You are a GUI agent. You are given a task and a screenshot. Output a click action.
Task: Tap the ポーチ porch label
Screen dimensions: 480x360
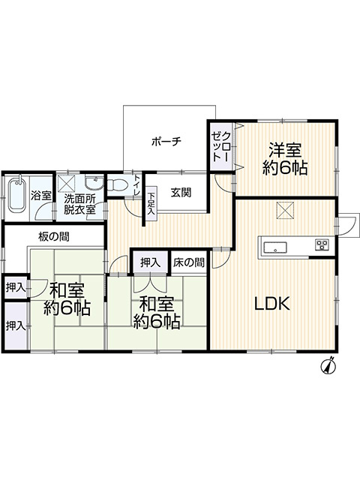coord(166,142)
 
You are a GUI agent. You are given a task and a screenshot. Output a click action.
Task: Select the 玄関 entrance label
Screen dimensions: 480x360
coord(180,192)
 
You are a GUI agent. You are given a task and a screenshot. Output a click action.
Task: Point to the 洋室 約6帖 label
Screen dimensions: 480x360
coord(284,159)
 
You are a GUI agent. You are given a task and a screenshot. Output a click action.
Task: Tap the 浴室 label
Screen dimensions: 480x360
coord(40,196)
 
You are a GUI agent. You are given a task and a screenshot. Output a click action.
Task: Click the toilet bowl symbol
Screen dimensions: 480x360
coord(116,184)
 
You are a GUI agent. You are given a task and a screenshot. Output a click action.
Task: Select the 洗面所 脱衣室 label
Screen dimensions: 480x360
coord(79,205)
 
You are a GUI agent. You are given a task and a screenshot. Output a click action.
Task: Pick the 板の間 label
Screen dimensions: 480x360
coord(54,237)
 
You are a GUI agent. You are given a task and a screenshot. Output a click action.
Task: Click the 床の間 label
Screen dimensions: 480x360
coord(190,262)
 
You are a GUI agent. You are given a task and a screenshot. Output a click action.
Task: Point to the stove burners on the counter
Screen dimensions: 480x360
coord(322,244)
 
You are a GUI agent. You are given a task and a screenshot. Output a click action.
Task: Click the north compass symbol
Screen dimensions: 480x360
coord(328,366)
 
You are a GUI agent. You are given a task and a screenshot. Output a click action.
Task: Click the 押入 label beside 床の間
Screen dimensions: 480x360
coord(150,262)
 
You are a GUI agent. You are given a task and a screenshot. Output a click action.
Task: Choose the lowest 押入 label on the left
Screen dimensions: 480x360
coord(15,325)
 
